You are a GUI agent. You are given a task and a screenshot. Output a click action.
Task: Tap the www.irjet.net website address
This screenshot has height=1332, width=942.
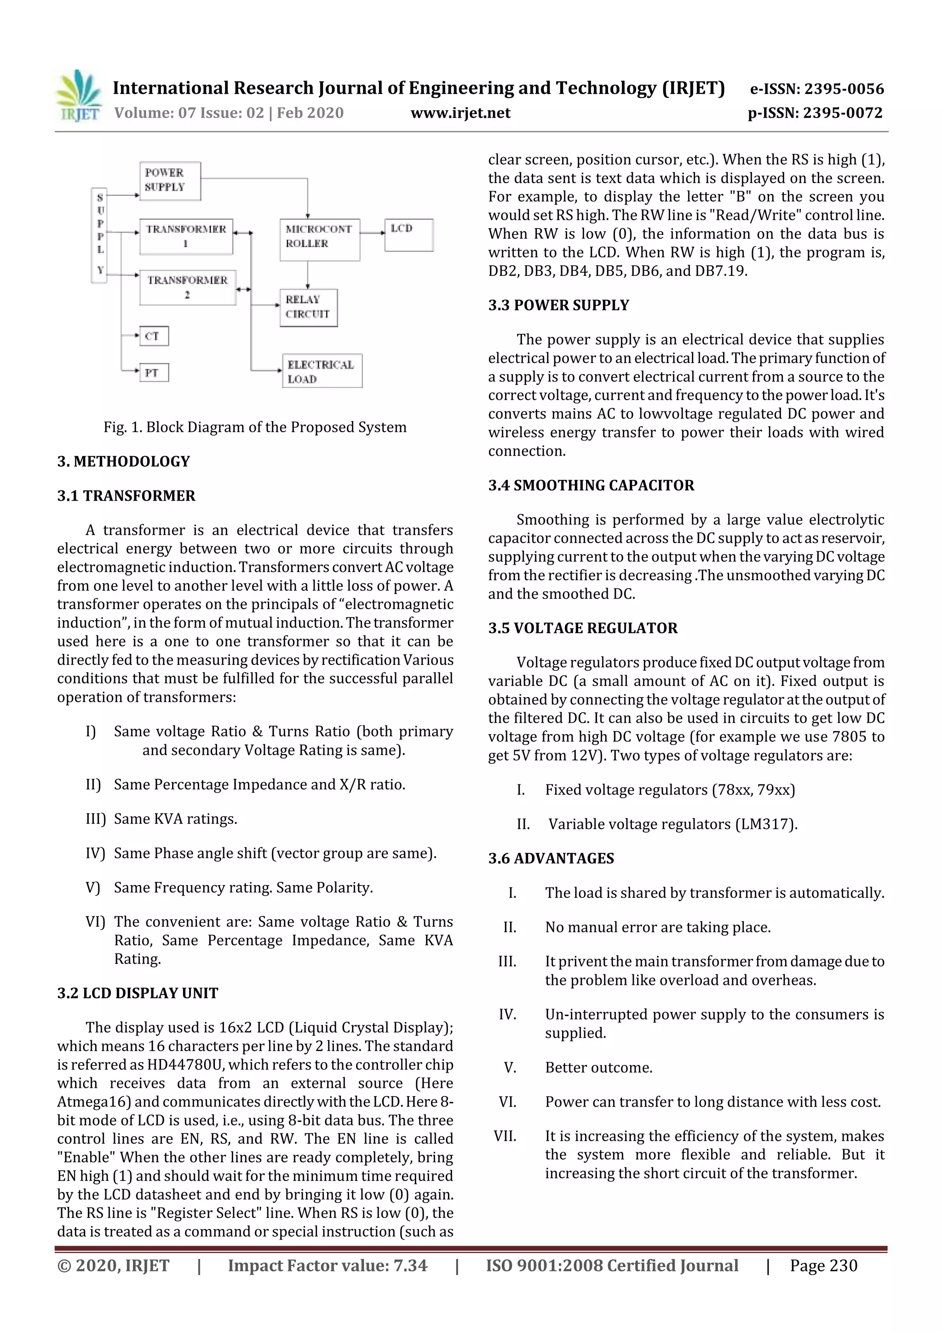(460, 113)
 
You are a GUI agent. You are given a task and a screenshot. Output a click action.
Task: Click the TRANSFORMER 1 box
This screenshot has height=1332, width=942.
(186, 236)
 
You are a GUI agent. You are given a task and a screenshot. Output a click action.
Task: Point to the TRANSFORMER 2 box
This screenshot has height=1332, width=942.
(188, 287)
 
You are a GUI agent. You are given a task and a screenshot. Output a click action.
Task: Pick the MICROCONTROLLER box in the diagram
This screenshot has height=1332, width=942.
(319, 239)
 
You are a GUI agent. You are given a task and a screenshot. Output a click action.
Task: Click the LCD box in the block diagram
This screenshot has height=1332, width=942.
(408, 234)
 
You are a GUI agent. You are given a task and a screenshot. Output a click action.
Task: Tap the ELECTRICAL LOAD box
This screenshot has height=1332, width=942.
(322, 372)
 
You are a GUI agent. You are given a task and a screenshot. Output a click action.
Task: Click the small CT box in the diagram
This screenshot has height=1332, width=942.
(154, 336)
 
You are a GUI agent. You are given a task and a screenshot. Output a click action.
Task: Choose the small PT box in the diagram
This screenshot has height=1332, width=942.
(154, 372)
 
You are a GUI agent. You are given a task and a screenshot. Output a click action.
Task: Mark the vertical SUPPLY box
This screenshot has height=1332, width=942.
(100, 235)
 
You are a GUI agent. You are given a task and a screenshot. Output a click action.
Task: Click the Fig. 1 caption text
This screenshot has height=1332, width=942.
(255, 427)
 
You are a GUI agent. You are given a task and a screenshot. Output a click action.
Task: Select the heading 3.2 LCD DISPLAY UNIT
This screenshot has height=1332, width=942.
(138, 993)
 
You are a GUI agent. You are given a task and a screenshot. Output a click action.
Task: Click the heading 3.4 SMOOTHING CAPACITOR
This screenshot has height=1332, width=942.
(591, 485)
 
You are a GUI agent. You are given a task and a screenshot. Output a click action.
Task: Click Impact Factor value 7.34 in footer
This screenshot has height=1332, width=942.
(327, 1265)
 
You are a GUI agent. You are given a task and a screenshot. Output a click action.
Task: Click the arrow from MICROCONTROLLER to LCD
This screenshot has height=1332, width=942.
(372, 233)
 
